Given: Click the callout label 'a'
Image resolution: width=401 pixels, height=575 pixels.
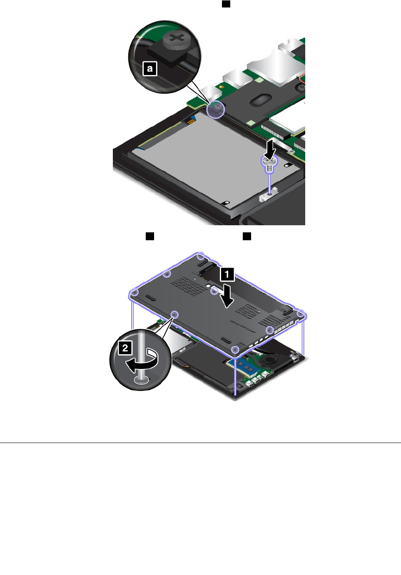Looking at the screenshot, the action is coord(149,69).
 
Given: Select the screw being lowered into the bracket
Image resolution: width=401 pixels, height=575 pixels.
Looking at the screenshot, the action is coord(269,165).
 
